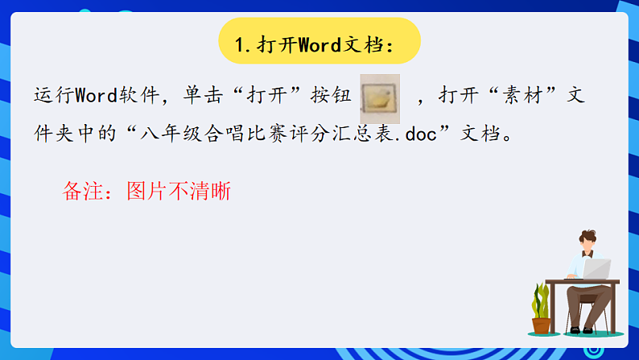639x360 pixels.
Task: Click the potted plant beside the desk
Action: [x=542, y=311]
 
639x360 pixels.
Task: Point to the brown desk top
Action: [x=582, y=283]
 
